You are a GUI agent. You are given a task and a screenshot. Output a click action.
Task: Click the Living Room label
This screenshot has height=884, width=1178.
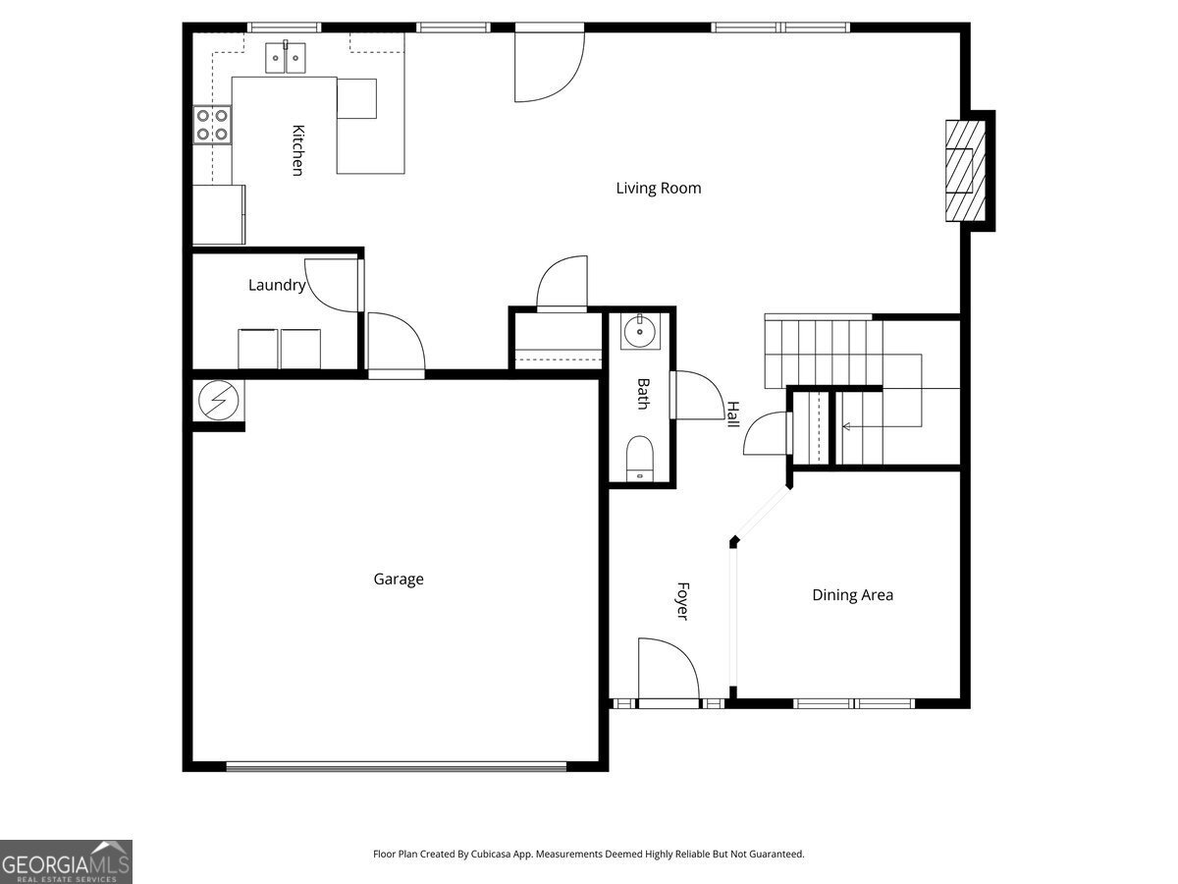tap(658, 189)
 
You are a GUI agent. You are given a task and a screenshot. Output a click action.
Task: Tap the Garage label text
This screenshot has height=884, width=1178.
tap(399, 580)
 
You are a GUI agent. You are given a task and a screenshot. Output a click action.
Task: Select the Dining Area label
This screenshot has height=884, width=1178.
tap(852, 595)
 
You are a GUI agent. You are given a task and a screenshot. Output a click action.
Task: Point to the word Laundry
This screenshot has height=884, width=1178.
tap(277, 285)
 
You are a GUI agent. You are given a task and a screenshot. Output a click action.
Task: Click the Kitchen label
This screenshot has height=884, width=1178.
tap(298, 150)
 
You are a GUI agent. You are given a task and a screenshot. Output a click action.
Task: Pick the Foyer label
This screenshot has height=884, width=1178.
tap(682, 601)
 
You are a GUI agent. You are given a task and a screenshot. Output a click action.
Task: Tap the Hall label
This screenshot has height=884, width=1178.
tap(733, 414)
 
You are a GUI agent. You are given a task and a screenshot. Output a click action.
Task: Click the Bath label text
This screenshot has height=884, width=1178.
tap(643, 394)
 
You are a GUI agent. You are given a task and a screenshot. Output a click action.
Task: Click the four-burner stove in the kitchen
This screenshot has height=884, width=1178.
tap(212, 125)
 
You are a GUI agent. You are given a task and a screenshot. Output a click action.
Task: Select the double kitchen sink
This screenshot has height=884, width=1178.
tap(286, 57)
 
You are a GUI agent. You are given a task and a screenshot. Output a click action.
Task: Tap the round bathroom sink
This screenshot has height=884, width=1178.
tap(640, 331)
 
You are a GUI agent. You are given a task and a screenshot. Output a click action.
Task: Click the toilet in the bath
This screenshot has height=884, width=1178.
tap(640, 459)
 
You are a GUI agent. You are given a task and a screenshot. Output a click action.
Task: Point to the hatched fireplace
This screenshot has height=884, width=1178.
tap(966, 171)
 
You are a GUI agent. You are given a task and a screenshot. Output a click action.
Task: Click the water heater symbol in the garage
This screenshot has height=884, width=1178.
tap(219, 400)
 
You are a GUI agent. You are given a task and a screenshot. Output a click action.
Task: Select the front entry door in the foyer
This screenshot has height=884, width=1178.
tap(669, 670)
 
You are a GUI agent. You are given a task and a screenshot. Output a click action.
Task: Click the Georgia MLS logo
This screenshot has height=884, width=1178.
tap(66, 861)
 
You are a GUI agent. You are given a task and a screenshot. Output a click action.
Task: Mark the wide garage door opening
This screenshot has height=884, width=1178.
tap(396, 766)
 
